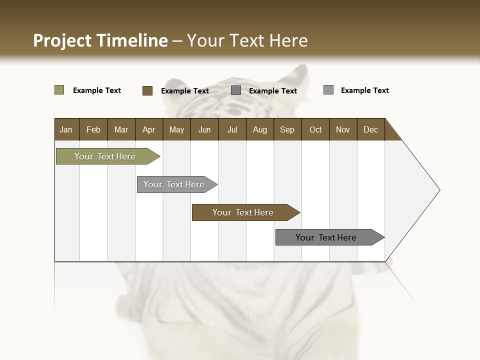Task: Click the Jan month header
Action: pos(66,129)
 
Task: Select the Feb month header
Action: pos(93,129)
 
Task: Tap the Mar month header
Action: pos(121,129)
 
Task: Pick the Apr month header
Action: pos(149,129)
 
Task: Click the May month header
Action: pos(176,129)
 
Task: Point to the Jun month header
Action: pos(204,129)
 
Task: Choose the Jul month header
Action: pos(232,129)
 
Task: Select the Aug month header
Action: pos(260,129)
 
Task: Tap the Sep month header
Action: pos(287,129)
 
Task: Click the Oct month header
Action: pos(315,129)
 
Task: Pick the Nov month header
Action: pos(343,129)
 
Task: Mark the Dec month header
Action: pos(371,129)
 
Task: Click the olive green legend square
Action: pos(59,90)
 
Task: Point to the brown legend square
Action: pos(147,90)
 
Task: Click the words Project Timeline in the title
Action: pos(100,40)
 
